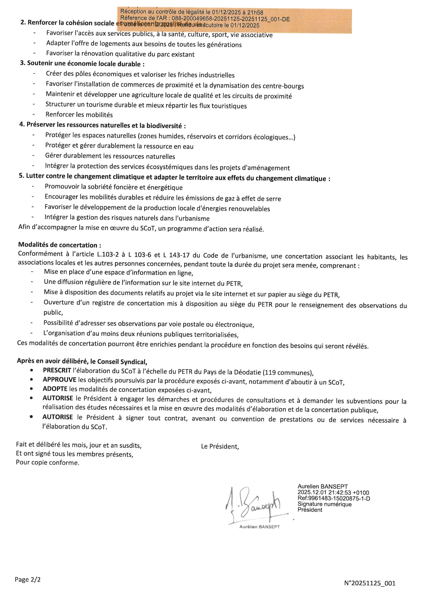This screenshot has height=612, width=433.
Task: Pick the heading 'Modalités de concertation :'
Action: (60, 245)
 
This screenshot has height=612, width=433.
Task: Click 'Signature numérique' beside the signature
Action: (324, 504)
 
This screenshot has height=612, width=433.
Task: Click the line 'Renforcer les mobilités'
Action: (79, 115)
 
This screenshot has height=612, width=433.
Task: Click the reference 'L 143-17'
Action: (176, 255)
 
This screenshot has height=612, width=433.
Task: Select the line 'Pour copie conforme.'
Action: (48, 462)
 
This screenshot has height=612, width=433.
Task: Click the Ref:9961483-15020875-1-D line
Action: (334, 498)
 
